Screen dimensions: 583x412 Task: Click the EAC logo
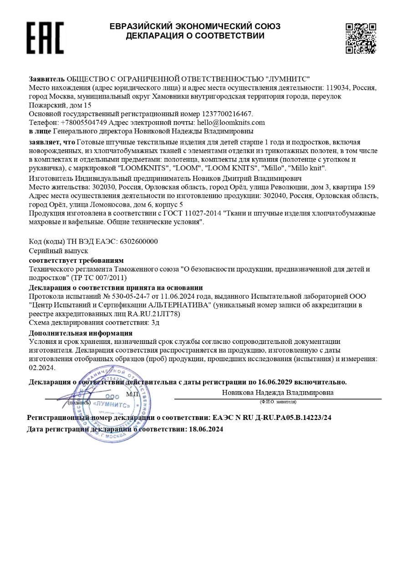point(45,37)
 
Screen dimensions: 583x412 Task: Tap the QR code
point(361,38)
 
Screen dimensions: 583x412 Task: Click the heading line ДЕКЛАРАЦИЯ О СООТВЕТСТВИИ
point(195,36)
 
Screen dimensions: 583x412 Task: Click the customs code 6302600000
point(138,241)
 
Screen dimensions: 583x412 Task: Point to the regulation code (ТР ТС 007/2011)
point(99,277)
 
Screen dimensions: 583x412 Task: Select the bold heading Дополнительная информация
point(81,333)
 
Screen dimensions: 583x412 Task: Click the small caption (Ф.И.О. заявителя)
point(278,402)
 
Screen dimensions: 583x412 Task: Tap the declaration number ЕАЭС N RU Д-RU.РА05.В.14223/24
point(272,417)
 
